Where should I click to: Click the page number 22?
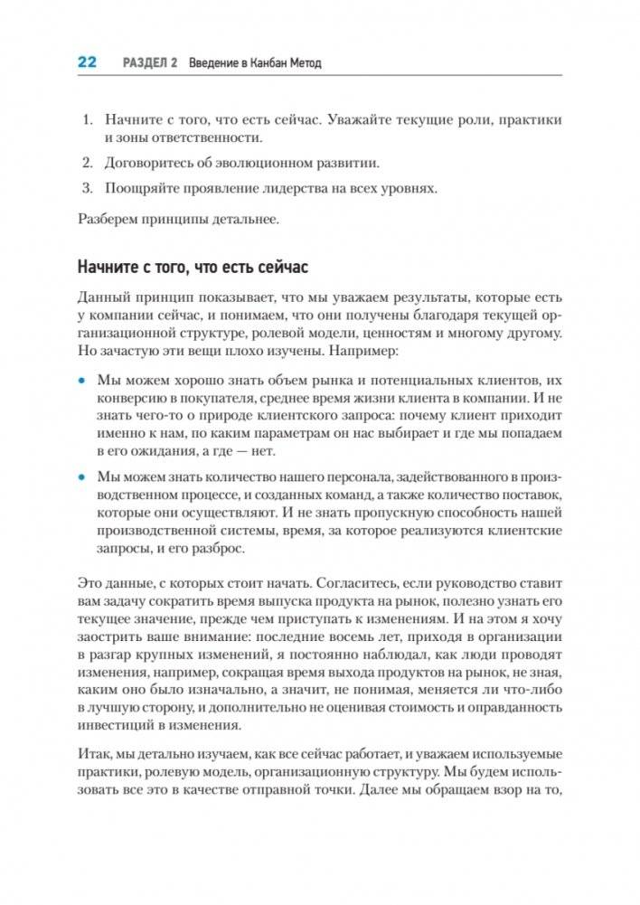(x=87, y=62)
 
